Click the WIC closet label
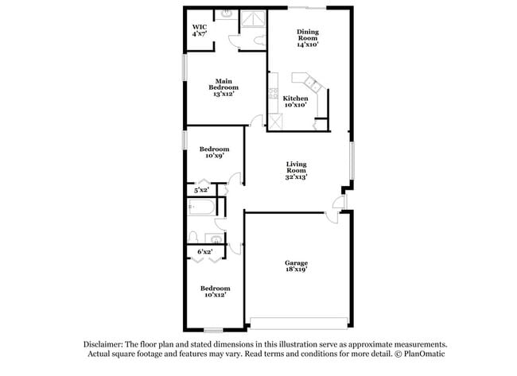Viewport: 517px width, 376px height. click(199, 30)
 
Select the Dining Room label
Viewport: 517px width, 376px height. click(307, 37)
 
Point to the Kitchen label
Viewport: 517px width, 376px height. click(295, 101)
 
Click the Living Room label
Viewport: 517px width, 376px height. click(297, 171)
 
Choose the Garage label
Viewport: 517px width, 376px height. click(297, 266)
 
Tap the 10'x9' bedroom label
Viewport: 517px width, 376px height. click(215, 152)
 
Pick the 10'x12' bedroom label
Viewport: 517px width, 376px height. click(215, 291)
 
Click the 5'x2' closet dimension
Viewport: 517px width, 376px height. click(201, 190)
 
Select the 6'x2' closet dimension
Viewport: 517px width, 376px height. click(204, 252)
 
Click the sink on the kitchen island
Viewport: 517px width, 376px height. click(311, 82)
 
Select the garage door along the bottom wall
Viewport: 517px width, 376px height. click(298, 324)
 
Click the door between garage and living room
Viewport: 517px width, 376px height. click(337, 206)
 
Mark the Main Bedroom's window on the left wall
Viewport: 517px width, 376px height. click(184, 68)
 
